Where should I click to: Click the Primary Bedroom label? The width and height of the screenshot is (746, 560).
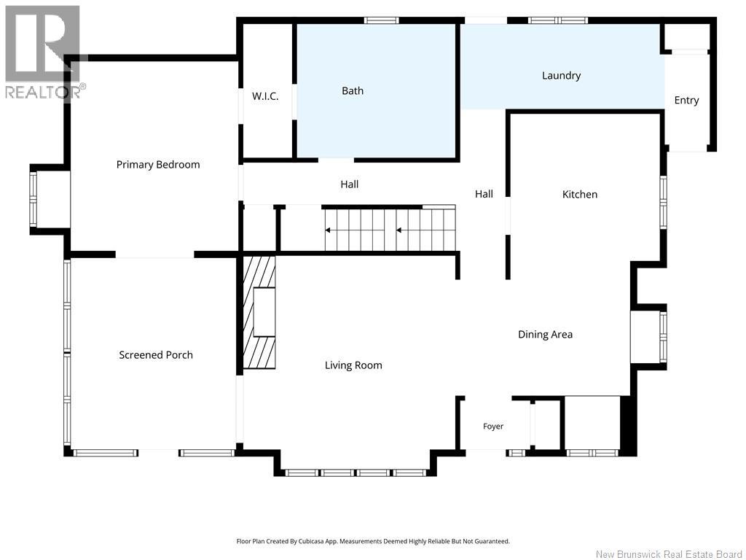click(158, 165)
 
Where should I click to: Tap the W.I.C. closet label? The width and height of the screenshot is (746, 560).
click(265, 96)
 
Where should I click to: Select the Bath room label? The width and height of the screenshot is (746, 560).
click(353, 90)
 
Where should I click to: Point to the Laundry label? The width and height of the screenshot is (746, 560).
click(562, 76)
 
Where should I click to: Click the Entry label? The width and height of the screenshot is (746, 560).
click(686, 101)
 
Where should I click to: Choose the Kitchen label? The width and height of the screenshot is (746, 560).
click(579, 194)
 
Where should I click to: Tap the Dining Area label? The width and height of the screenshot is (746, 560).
click(545, 334)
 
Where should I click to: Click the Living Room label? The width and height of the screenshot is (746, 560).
click(353, 365)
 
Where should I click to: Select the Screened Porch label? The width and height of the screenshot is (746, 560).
click(156, 355)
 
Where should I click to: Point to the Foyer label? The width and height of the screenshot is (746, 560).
click(493, 426)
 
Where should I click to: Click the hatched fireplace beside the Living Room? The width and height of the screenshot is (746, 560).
click(259, 312)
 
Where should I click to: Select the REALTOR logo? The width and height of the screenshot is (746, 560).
click(46, 52)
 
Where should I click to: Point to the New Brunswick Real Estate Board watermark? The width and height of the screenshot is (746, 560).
click(669, 554)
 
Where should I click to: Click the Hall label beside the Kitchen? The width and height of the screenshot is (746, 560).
click(484, 194)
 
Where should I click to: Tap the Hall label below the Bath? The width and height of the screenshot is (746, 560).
click(349, 184)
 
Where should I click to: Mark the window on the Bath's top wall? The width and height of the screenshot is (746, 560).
click(382, 20)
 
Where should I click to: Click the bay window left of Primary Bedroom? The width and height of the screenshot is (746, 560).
click(34, 199)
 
